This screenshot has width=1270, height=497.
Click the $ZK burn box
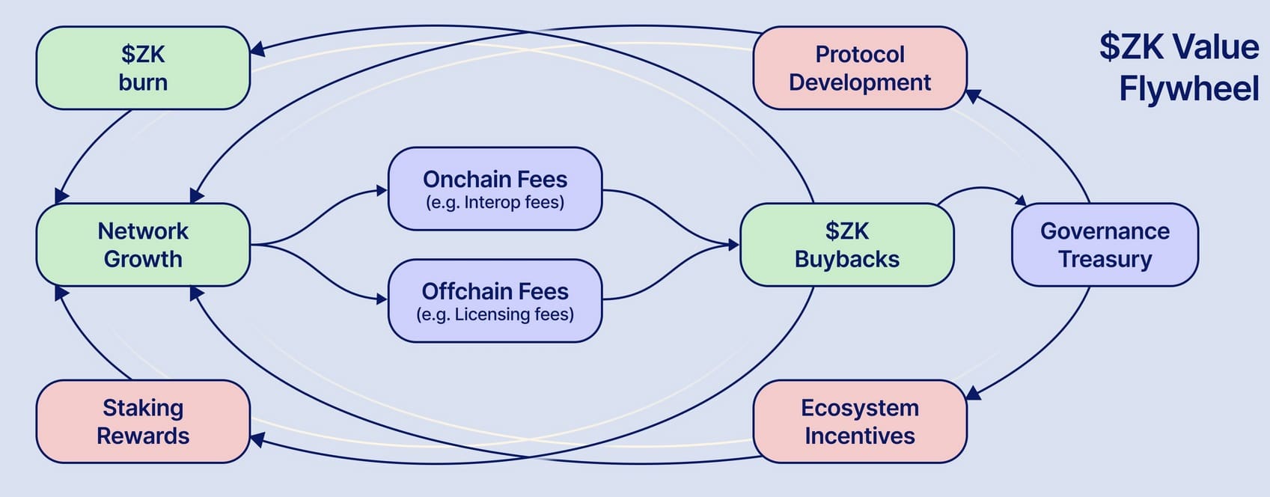[142, 68]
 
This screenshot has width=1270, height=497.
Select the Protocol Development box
[859, 68]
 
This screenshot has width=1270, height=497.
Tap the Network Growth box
[142, 245]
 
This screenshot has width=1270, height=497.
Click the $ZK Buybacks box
[846, 245]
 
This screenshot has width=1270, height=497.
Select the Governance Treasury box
[1105, 245]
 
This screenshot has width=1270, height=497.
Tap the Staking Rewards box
[142, 421]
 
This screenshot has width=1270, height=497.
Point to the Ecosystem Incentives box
[859, 421]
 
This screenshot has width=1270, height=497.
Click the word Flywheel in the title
[1188, 88]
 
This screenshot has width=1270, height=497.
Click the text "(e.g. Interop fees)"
[495, 203]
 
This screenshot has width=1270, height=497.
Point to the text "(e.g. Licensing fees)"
[495, 314]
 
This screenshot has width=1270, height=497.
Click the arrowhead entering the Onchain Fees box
[382, 191]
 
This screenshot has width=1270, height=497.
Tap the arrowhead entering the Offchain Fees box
[382, 299]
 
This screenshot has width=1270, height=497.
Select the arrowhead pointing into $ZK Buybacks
[734, 245]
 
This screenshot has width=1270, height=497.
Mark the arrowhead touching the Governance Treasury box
[1022, 201]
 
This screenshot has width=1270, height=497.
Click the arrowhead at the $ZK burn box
[256, 49]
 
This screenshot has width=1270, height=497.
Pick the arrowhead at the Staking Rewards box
[256, 439]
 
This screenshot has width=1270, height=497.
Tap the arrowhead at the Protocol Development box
[972, 96]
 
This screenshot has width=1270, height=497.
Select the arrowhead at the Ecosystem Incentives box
[973, 393]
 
